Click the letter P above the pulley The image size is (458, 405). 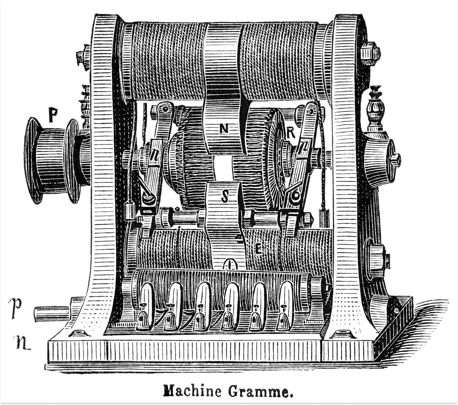(52, 115)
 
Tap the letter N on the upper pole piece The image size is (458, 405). (224, 128)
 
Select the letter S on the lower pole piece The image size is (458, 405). (224, 196)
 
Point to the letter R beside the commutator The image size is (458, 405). (291, 133)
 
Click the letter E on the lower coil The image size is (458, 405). (258, 249)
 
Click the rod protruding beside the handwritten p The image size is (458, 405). (52, 314)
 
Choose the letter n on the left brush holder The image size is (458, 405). (155, 154)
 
